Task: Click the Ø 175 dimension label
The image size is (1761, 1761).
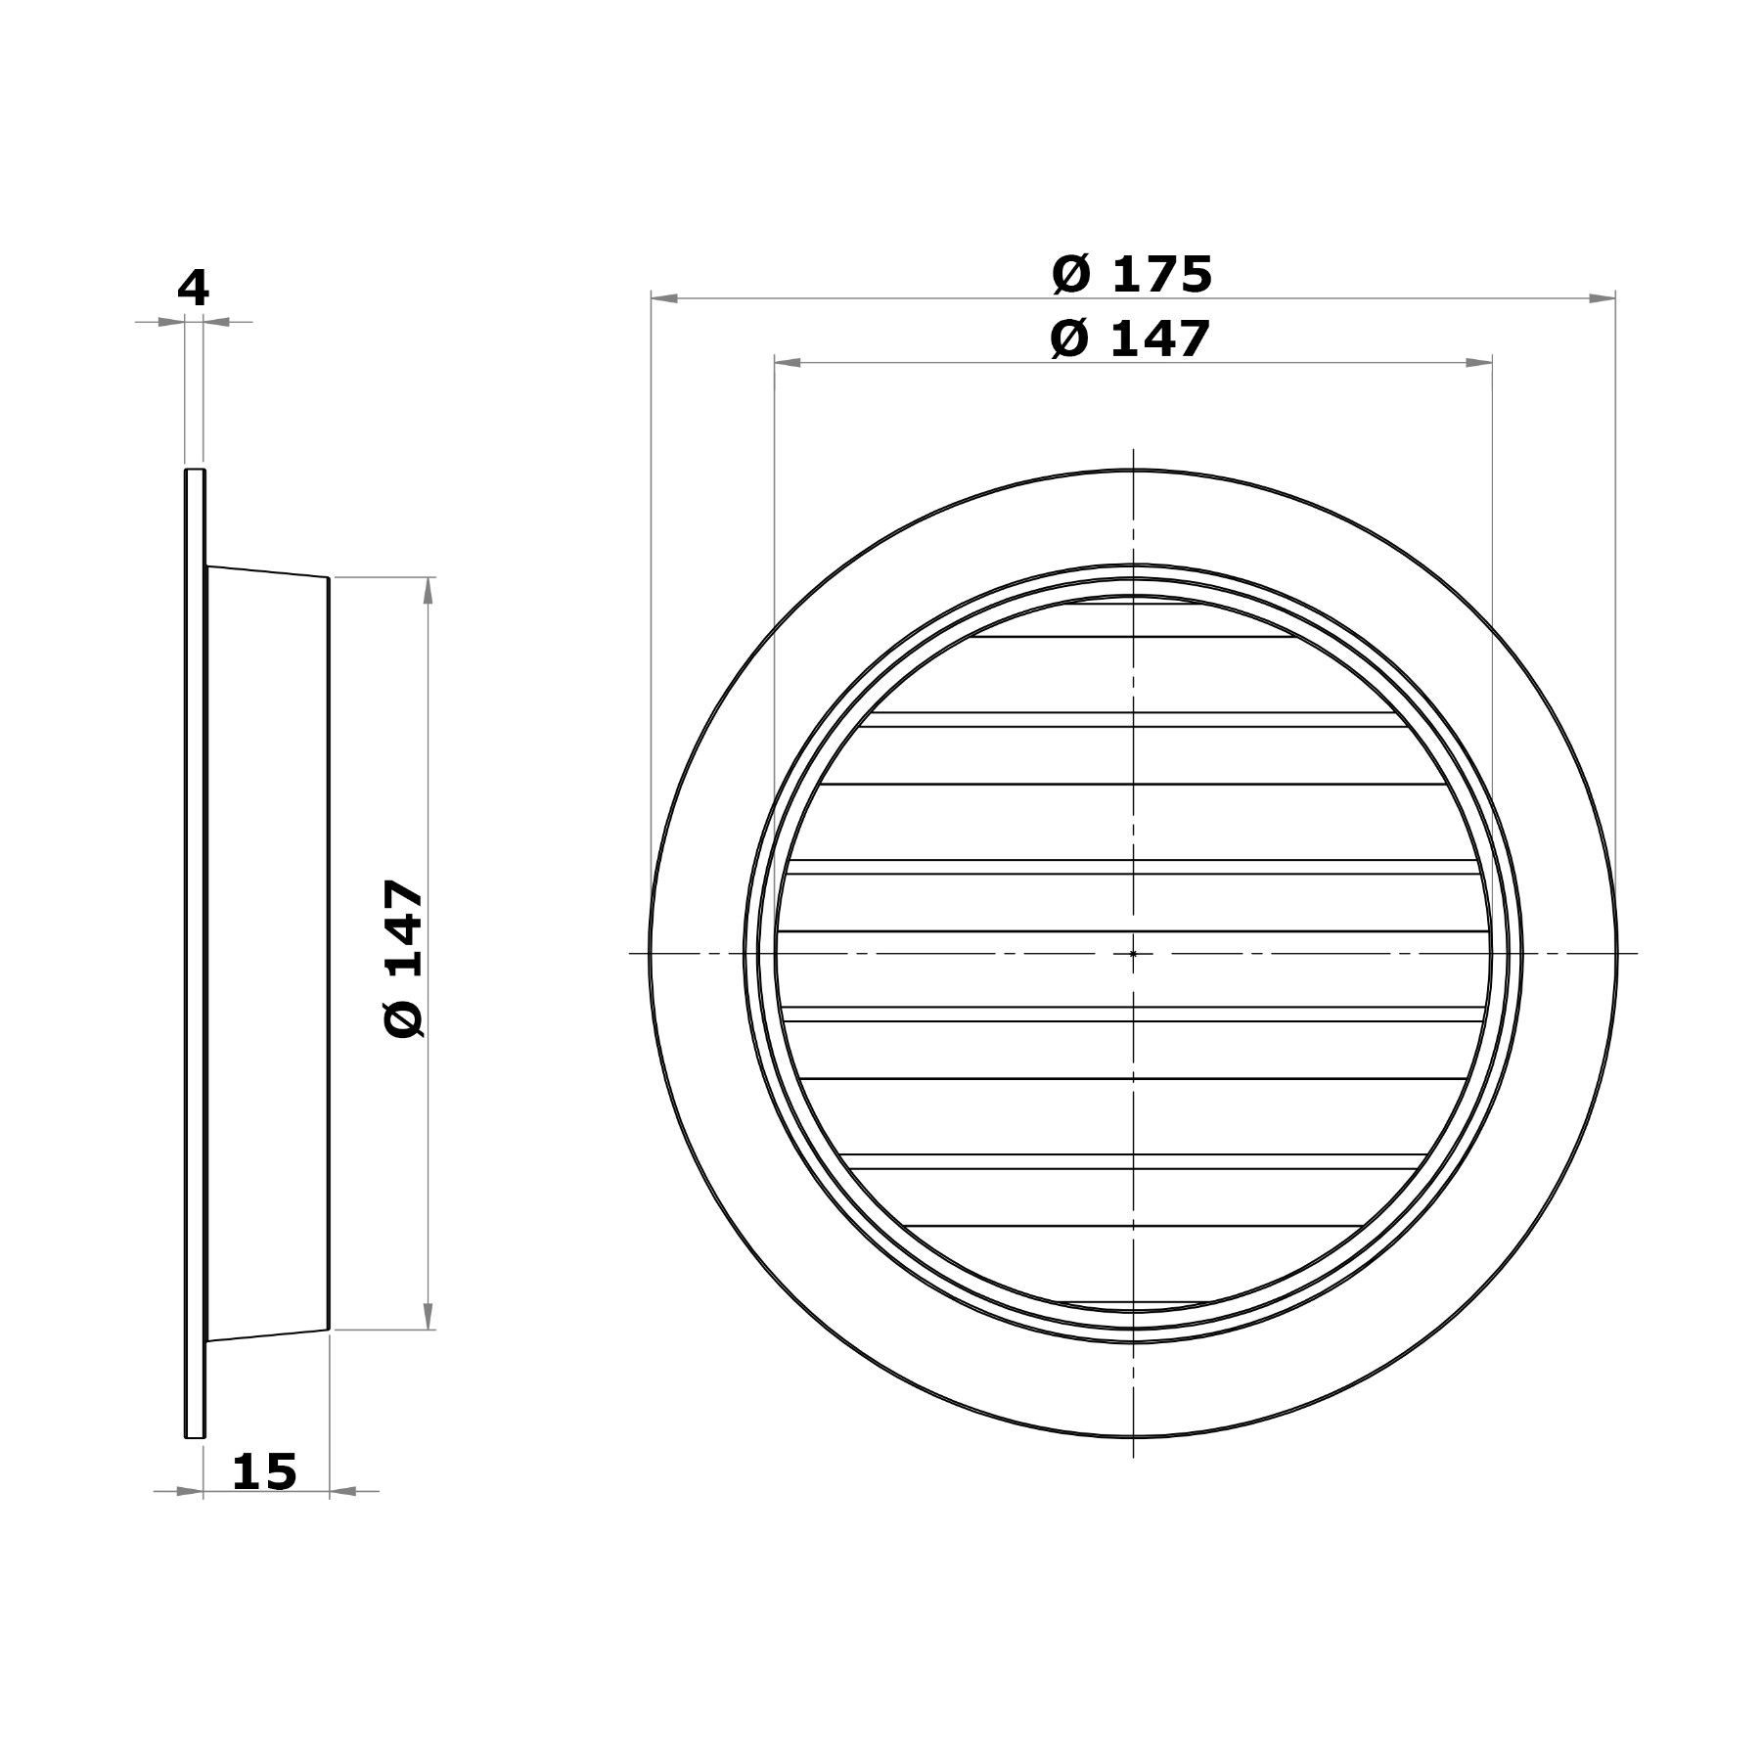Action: (1132, 274)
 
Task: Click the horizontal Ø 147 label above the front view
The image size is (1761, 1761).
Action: (1130, 339)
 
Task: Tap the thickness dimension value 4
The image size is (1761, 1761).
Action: (193, 289)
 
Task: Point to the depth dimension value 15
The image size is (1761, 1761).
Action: (264, 1471)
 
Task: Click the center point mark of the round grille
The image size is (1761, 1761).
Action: (1133, 953)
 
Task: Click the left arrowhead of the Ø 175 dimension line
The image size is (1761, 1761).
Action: (664, 297)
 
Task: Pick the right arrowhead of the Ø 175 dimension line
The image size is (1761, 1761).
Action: (1602, 297)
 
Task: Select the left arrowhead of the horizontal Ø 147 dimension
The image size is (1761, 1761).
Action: (788, 363)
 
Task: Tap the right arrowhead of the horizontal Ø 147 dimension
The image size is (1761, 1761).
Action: (1478, 363)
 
